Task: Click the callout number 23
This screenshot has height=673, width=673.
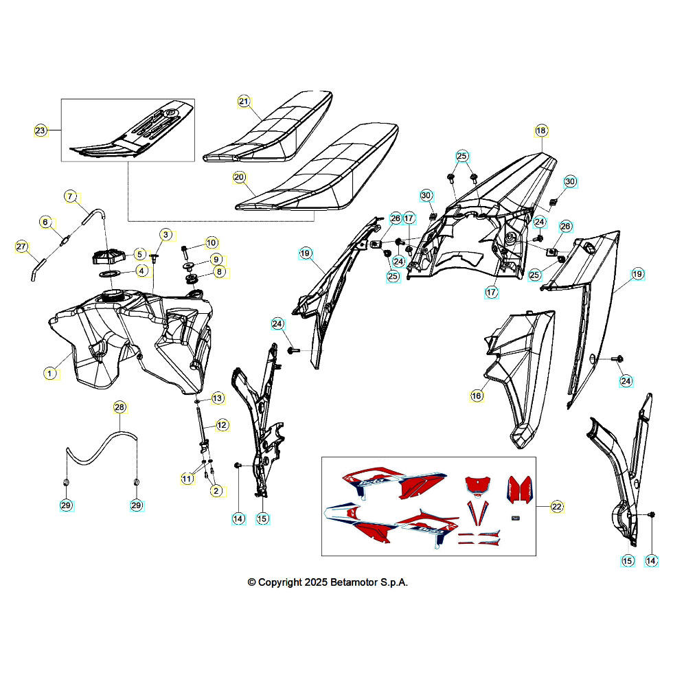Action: click(40, 130)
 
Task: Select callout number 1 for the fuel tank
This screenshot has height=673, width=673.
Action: click(49, 374)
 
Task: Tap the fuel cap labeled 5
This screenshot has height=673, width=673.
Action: click(109, 257)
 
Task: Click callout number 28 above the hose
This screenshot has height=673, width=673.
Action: click(119, 407)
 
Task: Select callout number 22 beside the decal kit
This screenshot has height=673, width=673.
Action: click(557, 507)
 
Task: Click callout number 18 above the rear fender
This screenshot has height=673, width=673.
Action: click(541, 130)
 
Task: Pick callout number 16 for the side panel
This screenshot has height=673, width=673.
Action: click(477, 396)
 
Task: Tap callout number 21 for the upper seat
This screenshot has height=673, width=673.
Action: click(244, 102)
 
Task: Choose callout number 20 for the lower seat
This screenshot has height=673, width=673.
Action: click(239, 177)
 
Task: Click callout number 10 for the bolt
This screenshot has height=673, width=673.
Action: click(212, 243)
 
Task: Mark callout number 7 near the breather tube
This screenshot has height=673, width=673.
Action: click(70, 196)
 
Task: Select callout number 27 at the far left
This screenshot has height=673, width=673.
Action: click(21, 247)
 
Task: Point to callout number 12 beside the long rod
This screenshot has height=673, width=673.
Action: click(222, 425)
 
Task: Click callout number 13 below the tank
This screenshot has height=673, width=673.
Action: click(218, 398)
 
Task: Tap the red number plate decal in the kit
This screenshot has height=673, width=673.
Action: click(478, 484)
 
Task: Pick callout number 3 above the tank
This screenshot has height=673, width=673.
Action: click(166, 235)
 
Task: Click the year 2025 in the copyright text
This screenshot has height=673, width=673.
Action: click(316, 582)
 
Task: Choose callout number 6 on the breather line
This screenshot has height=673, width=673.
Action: click(45, 222)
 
